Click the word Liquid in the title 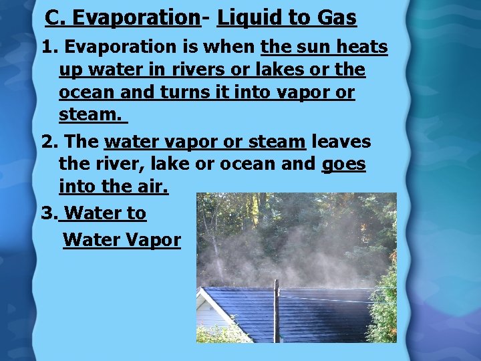point(250,18)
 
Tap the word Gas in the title point(336,18)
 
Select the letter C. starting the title point(55,18)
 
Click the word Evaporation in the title point(136,18)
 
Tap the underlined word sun point(313,47)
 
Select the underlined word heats point(364,47)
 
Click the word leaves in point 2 point(341,142)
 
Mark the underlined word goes point(343,164)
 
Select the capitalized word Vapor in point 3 point(154,239)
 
